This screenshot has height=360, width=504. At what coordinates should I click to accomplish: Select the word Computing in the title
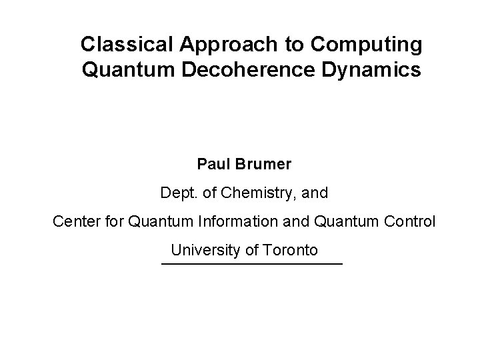pyautogui.click(x=365, y=45)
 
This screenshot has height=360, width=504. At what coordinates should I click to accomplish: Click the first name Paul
pyautogui.click(x=213, y=163)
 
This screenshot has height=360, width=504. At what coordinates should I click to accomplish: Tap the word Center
pyautogui.click(x=76, y=221)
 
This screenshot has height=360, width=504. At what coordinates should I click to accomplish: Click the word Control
pyautogui.click(x=408, y=221)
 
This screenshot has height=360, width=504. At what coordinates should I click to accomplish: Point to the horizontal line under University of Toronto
pyautogui.click(x=251, y=265)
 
